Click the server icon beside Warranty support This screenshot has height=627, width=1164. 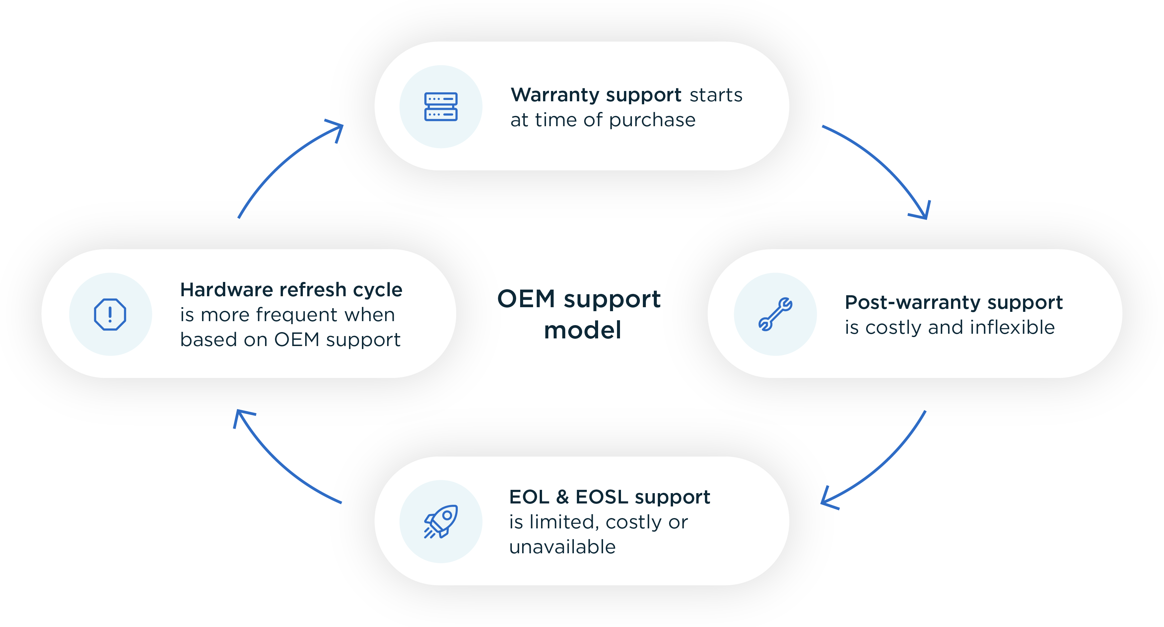(441, 107)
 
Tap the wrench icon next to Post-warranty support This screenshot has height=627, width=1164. (775, 314)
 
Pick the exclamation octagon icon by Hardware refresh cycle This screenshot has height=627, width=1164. (110, 314)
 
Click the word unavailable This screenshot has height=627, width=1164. (562, 547)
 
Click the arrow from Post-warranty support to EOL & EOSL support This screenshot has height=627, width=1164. (881, 466)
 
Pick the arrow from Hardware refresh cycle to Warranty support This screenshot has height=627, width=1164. (285, 163)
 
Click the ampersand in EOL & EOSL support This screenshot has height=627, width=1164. (562, 497)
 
